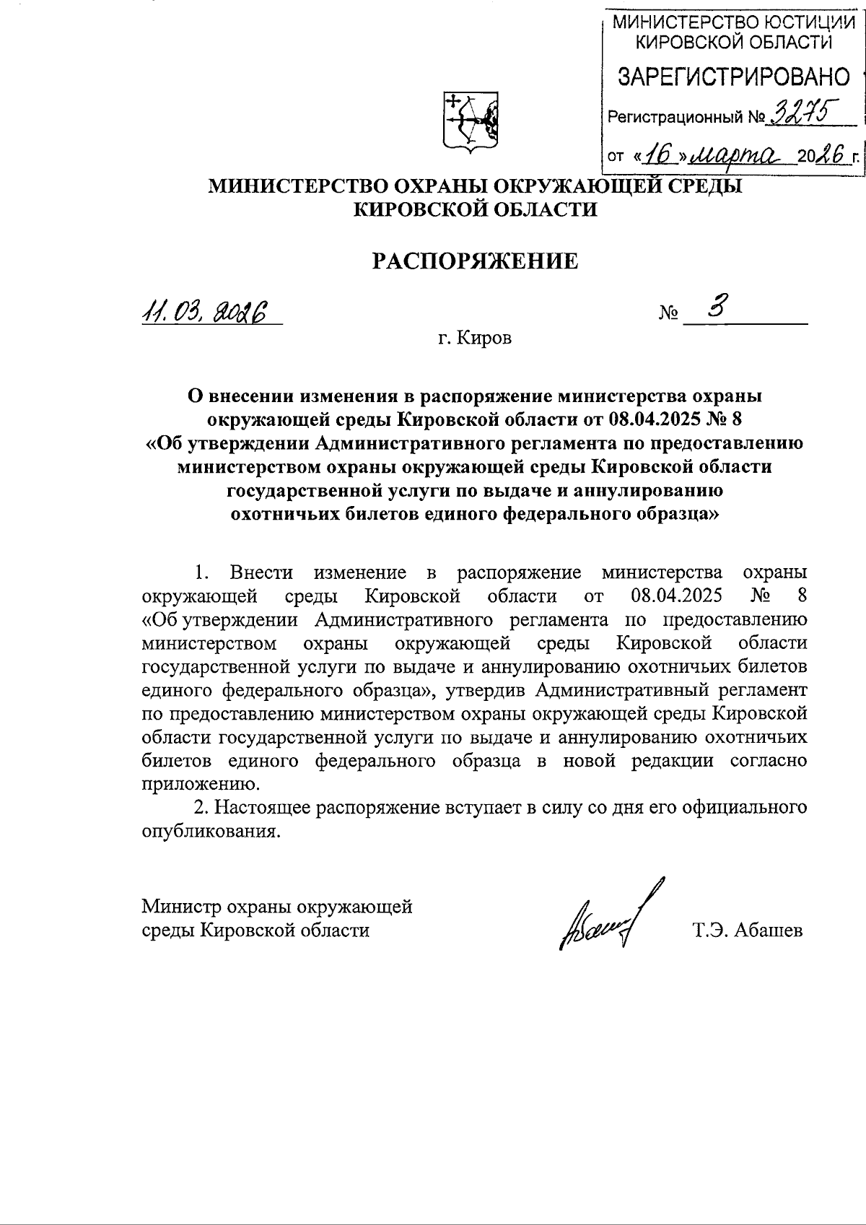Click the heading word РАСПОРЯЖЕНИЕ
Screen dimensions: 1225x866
(x=475, y=261)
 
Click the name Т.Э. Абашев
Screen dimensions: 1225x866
(x=747, y=930)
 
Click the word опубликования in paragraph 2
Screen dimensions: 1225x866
(x=209, y=831)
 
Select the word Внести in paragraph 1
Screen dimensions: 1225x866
(x=261, y=572)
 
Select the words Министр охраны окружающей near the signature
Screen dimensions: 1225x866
(x=277, y=905)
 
